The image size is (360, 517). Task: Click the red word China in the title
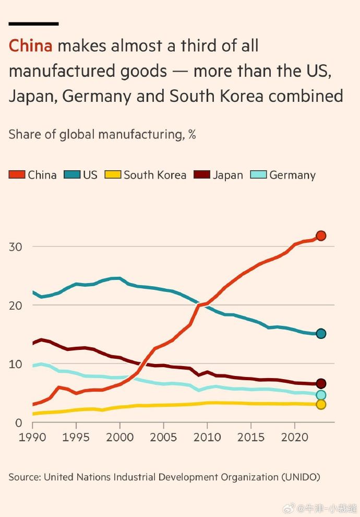click(31, 46)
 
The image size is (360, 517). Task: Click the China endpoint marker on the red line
click(321, 236)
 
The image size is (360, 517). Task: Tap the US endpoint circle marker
click(321, 334)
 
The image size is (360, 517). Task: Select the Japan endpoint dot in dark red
click(321, 384)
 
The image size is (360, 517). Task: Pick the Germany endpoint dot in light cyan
click(321, 395)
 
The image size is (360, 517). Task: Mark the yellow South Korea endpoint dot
click(321, 404)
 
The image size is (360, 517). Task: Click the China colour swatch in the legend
click(17, 175)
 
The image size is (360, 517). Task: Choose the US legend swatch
click(73, 175)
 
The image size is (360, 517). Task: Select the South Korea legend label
click(155, 175)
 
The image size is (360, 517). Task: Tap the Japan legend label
click(228, 175)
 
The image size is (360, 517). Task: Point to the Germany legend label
click(292, 175)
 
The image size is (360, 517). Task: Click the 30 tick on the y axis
click(16, 246)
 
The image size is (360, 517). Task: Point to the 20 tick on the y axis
click(16, 305)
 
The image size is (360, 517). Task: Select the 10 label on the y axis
click(16, 364)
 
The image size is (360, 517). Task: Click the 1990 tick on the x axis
click(32, 436)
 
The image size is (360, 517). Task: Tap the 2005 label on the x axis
click(164, 436)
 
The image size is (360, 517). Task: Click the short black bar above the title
click(33, 23)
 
